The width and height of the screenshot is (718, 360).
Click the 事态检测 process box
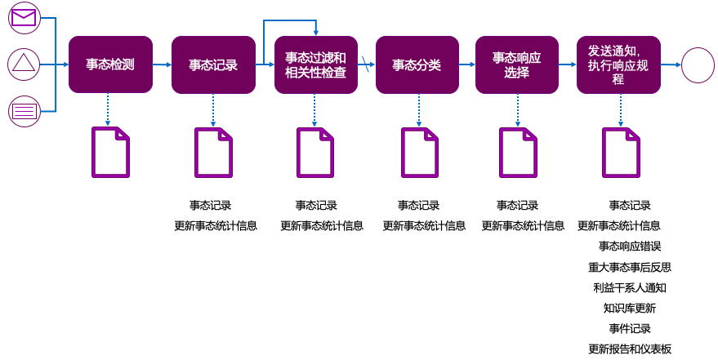(110, 64)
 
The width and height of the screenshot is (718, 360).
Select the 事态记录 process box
(213, 64)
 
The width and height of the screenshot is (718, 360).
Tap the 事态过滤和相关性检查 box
(316, 64)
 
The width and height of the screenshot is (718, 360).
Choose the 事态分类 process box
(417, 64)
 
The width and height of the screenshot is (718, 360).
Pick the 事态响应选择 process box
(516, 64)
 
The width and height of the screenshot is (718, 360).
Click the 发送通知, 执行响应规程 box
(618, 64)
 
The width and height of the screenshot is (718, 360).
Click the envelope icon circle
(25, 18)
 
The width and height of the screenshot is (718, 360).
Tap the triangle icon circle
(25, 64)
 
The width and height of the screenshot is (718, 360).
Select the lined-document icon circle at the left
(25, 111)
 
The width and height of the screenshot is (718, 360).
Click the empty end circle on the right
(698, 64)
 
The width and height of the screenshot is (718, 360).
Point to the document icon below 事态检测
(110, 152)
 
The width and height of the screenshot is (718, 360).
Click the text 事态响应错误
(629, 246)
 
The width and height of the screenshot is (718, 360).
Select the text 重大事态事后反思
(629, 267)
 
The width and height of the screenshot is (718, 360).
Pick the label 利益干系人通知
(629, 287)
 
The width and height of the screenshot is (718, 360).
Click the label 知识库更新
(629, 308)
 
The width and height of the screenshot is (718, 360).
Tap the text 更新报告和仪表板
(629, 349)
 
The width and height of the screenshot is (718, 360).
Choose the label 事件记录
(629, 328)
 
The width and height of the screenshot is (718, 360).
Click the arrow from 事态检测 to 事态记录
(162, 64)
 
